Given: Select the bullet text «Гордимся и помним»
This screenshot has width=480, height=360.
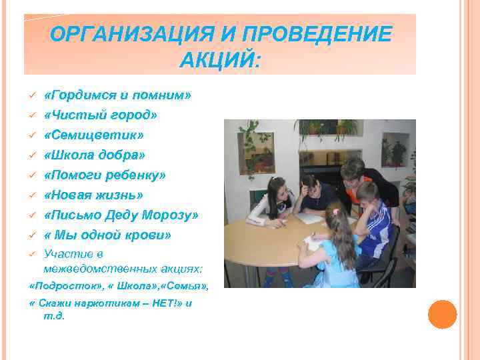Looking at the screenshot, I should [117, 95].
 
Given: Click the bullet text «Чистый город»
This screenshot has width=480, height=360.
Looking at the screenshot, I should [101, 115].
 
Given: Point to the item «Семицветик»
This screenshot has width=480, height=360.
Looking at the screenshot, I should [94, 135].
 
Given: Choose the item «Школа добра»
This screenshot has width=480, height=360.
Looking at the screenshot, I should [95, 155].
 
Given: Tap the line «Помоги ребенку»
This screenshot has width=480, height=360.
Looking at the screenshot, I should [105, 175].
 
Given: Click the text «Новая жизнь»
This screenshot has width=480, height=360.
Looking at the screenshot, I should [94, 195].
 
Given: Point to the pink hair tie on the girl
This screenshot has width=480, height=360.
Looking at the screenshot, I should [335, 212].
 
